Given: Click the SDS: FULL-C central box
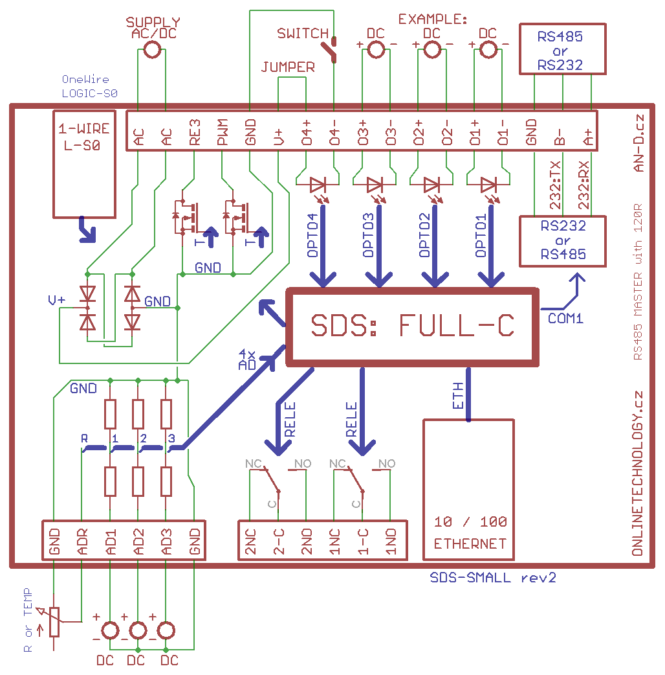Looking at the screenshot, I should (x=412, y=326).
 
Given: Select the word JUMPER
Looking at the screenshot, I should (x=288, y=67).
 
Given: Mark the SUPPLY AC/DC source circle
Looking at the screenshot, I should (x=153, y=49).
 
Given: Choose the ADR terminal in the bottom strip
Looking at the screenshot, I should (x=82, y=541).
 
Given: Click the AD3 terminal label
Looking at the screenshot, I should (x=166, y=541).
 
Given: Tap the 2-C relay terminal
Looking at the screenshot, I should (x=279, y=541).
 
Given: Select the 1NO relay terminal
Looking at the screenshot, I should (x=391, y=541).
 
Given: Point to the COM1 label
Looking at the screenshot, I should (x=565, y=318).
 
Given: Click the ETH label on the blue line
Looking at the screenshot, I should (x=458, y=395).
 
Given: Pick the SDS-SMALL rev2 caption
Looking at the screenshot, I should (x=493, y=577).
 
